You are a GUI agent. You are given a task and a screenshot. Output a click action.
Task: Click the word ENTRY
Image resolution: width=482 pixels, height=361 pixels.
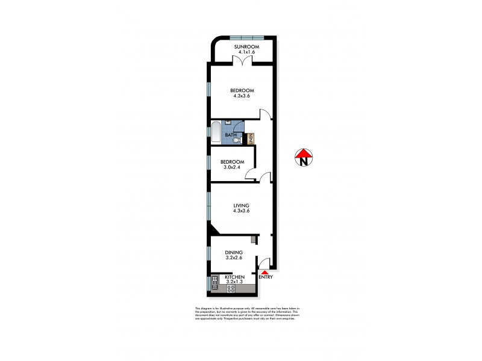tap(266, 277)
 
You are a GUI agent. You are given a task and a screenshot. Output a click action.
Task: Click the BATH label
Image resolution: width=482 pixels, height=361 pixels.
tap(231, 135)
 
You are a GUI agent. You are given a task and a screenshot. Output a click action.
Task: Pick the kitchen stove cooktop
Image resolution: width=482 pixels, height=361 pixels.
tap(230, 289)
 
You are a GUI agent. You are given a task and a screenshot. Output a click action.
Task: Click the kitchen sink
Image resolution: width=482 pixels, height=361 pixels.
tap(214, 283)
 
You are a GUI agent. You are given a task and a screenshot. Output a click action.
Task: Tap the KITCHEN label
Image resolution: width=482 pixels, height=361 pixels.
tap(234, 277)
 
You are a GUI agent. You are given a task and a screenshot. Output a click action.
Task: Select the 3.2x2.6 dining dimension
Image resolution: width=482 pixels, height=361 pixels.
tap(234, 259)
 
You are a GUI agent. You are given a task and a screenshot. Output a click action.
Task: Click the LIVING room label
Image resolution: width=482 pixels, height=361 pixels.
tap(242, 206)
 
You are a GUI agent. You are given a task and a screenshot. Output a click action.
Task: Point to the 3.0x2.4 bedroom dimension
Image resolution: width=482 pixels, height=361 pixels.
tap(232, 168)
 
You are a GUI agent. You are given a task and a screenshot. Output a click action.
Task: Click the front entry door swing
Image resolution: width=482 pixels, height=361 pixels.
tap(263, 263)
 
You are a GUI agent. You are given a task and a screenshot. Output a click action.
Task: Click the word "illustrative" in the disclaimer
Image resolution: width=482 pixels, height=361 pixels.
tap(221, 309)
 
